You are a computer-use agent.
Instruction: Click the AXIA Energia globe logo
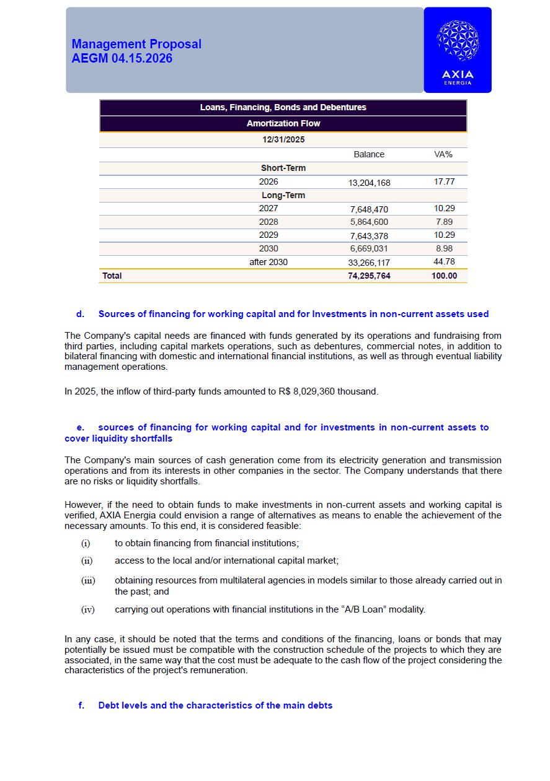coord(457,41)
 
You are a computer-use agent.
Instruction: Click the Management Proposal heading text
coord(136,44)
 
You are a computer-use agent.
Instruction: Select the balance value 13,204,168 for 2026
coord(369,183)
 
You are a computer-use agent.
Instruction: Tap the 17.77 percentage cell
coord(444,182)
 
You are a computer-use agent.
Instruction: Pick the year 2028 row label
coord(268,222)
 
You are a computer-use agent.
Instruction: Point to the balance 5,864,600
coord(369,222)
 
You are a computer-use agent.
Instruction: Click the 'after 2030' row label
coord(268,262)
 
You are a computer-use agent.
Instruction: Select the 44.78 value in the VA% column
coord(444,262)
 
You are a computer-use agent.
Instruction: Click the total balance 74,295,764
coord(369,276)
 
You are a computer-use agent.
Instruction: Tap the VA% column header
coord(443,154)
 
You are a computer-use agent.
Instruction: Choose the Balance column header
coord(369,154)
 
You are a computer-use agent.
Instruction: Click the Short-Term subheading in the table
coord(283,168)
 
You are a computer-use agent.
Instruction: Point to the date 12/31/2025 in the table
coord(283,139)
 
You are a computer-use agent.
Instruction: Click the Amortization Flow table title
coord(283,123)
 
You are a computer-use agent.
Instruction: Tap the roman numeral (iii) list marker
coord(88,581)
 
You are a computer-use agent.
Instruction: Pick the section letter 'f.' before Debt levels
coord(81,705)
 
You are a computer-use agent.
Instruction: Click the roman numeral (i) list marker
coord(86,543)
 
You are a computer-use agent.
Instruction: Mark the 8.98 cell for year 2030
coord(444,248)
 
